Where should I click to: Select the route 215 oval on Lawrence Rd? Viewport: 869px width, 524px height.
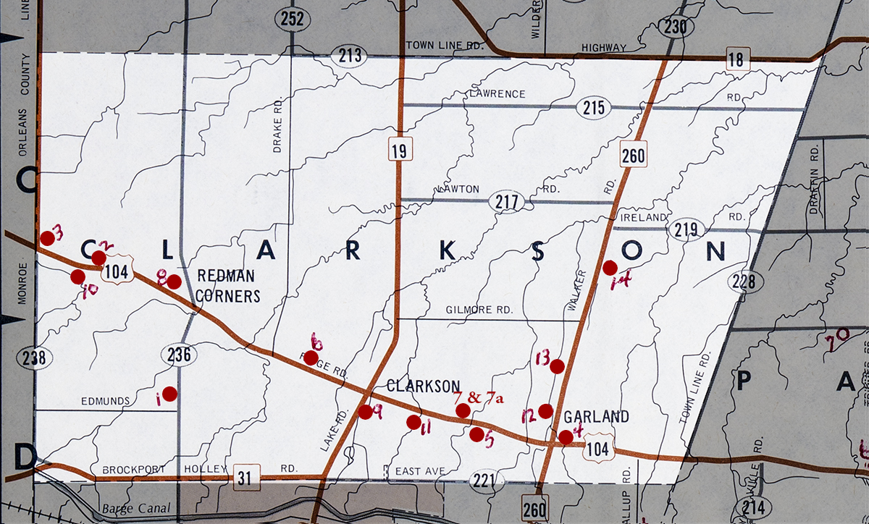594,109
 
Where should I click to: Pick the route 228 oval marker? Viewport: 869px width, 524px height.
747,282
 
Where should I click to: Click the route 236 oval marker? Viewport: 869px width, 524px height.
180,353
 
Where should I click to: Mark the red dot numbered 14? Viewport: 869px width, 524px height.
610,268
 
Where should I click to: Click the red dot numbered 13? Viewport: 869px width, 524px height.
557,366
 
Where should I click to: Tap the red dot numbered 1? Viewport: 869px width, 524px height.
169,394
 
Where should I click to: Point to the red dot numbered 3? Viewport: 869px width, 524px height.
47,237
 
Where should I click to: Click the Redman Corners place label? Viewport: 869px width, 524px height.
229,286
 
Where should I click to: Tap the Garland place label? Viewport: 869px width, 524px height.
596,417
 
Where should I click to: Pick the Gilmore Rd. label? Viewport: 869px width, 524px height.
479,310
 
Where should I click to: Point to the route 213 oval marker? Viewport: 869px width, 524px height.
349,56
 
